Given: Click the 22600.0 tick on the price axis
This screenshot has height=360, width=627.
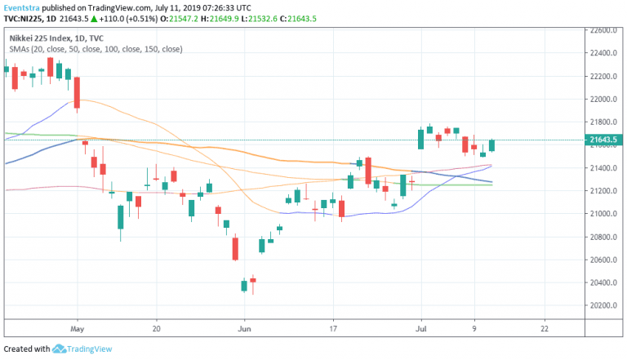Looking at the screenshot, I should click(x=606, y=31).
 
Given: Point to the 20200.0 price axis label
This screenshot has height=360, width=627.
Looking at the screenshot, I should click(x=606, y=305).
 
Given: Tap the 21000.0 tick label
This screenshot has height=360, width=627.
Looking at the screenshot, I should click(x=606, y=214).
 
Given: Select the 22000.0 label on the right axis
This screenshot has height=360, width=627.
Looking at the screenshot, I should click(x=606, y=100).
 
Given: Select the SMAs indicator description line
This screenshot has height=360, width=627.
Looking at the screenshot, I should click(x=96, y=49).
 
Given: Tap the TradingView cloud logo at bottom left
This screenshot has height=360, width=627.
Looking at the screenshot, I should click(x=60, y=349).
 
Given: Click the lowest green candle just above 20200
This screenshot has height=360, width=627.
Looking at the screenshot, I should click(x=243, y=285).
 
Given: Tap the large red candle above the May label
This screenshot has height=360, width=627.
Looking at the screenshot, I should click(x=77, y=92).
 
